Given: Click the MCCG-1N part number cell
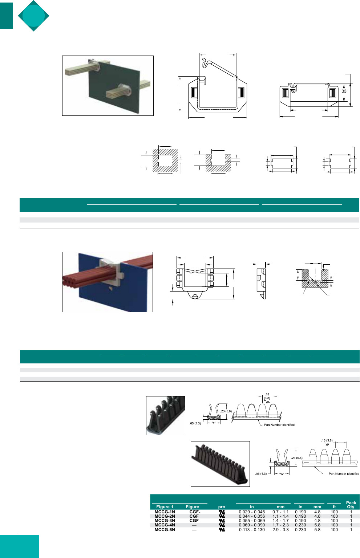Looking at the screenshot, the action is tap(165, 512).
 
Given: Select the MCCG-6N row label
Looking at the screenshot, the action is tap(165, 530).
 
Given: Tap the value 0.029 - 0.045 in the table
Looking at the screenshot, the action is tap(252, 512).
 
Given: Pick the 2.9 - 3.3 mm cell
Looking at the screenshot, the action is tap(280, 530).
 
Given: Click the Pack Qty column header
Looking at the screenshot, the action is tap(351, 505).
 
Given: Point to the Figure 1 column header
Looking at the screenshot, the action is tap(165, 507).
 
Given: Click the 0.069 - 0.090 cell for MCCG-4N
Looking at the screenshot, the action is tap(252, 525).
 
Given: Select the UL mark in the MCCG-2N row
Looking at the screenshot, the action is tap(222, 516).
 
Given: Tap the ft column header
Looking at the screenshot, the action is tap(334, 507).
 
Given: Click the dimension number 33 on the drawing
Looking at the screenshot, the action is tap(344, 91).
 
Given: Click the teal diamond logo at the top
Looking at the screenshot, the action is tap(34, 16).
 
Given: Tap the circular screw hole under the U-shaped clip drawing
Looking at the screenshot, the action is tap(195, 296).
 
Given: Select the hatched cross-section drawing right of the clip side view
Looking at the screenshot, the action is tap(315, 278).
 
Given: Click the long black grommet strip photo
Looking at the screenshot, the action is tap(220, 464).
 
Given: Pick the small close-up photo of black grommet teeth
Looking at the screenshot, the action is tap(166, 415).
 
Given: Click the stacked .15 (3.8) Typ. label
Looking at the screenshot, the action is tap(267, 398).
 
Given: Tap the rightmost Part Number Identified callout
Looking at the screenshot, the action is tap(344, 473).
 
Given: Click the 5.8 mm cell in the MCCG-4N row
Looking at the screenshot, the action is tap(317, 525).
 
